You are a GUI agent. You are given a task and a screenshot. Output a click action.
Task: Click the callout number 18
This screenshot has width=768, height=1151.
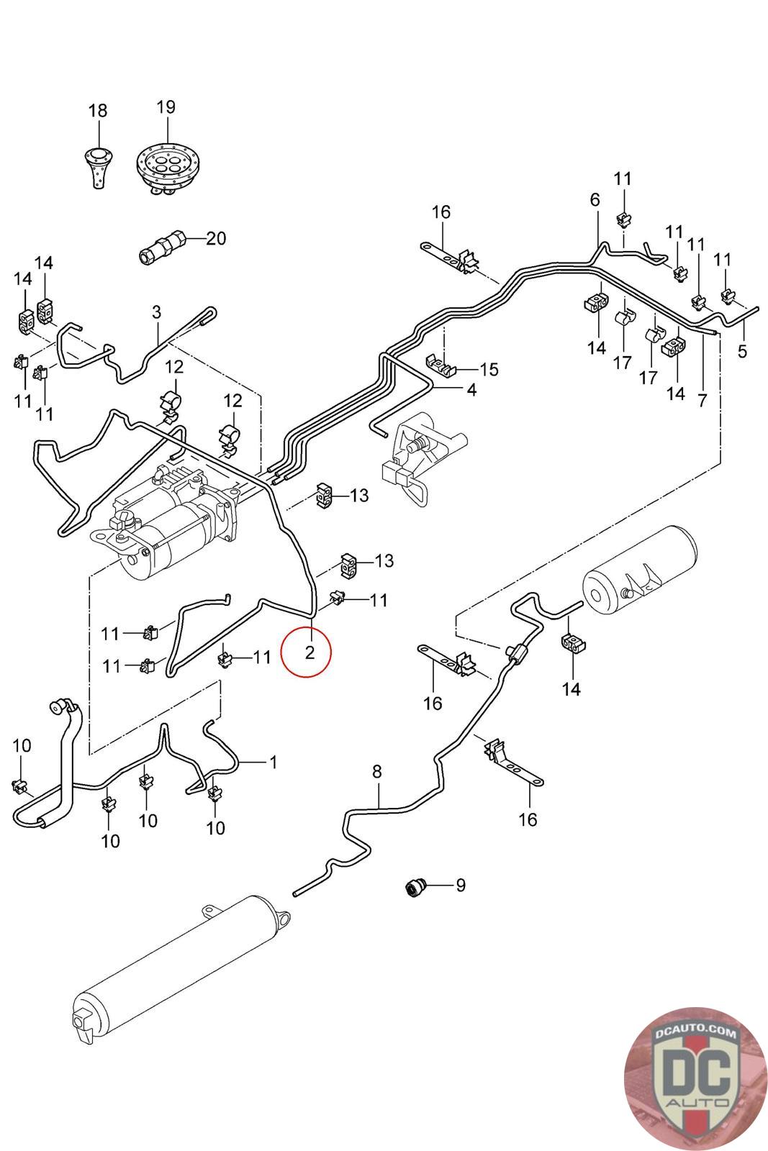(98, 111)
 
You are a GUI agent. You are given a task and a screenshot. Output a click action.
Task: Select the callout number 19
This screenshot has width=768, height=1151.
(166, 107)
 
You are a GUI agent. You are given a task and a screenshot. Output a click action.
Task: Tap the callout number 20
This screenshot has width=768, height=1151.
(216, 238)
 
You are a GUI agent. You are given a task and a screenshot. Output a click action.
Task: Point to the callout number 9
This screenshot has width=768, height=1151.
(461, 884)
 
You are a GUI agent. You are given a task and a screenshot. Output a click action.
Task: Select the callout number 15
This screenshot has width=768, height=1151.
(489, 370)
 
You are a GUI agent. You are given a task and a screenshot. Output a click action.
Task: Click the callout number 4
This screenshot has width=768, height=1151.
(471, 390)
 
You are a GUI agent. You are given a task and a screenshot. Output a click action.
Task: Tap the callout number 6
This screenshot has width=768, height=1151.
(595, 200)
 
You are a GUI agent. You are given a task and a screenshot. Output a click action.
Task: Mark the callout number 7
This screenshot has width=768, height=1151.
(703, 401)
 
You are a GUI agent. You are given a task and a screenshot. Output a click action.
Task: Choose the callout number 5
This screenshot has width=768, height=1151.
(743, 351)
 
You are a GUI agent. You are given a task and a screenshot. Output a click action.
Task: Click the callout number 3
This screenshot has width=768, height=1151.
(156, 312)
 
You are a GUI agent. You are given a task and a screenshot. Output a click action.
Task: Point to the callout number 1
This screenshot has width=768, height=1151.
(273, 761)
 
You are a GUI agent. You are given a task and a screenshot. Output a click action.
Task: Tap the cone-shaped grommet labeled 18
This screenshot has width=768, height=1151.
(97, 165)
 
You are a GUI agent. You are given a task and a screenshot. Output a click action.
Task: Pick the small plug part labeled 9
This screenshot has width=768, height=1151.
(415, 887)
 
